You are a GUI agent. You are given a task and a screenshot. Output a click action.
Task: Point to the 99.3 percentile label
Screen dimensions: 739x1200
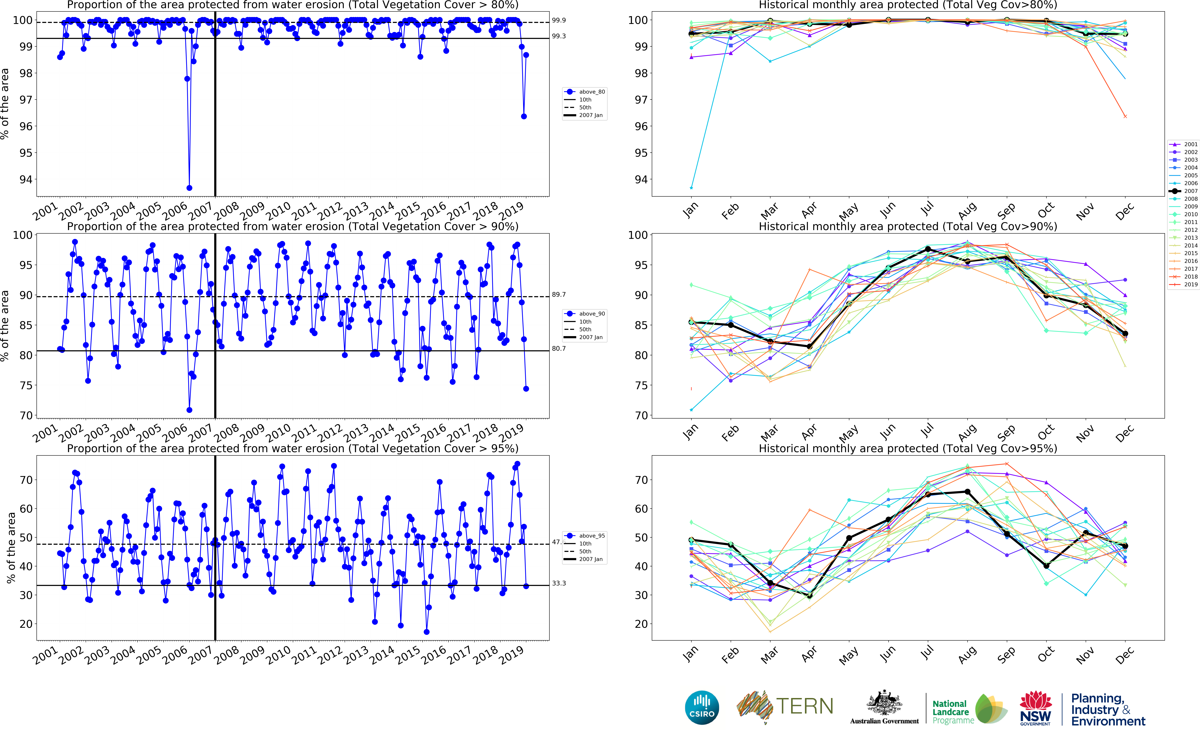pyautogui.click(x=559, y=36)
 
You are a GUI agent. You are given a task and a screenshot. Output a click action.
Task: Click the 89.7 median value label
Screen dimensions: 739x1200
pyautogui.click(x=559, y=295)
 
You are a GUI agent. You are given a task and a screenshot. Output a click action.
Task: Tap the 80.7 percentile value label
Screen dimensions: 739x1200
pyautogui.click(x=559, y=349)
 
